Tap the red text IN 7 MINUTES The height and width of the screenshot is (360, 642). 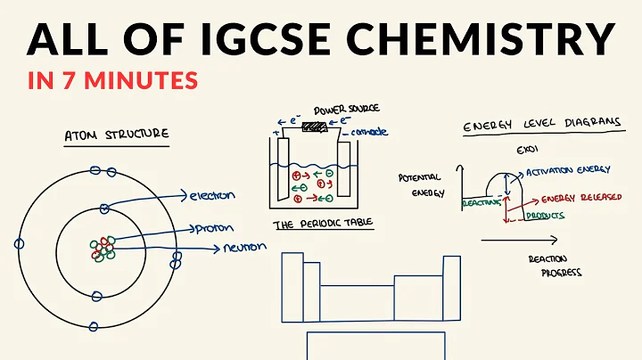[x=112, y=80]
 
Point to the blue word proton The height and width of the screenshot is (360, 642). [x=210, y=228]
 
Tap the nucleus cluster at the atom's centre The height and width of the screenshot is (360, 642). [x=103, y=246]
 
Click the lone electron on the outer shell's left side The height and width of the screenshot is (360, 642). [x=19, y=242]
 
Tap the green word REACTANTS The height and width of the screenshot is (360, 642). [x=478, y=203]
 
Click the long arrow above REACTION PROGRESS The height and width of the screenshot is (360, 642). [x=519, y=240]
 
